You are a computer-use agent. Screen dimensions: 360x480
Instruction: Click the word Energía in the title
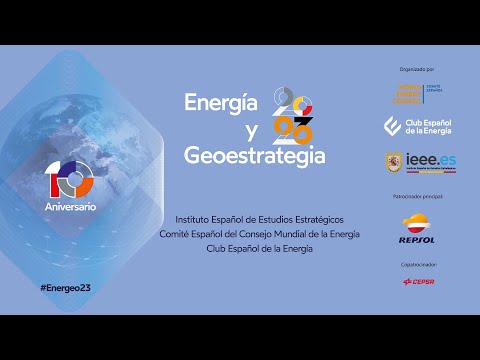coord(222,104)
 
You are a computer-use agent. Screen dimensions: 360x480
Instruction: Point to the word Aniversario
coord(70,205)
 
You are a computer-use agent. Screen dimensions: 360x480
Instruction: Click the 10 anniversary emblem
coord(69,177)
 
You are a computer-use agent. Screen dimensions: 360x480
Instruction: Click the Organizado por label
coord(417,69)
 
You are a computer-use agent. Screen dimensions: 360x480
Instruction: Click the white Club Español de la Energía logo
coord(417,126)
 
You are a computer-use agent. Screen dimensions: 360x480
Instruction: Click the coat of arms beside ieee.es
coord(395,161)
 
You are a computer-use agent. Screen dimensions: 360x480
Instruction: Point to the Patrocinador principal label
coord(417,198)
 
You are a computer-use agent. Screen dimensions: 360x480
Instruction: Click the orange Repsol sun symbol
coord(417,221)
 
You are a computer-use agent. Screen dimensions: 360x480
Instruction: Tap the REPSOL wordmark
coord(417,240)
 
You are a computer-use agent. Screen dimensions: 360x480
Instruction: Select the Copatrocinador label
coord(417,265)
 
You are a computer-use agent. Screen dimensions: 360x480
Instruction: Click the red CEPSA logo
coord(418,282)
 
